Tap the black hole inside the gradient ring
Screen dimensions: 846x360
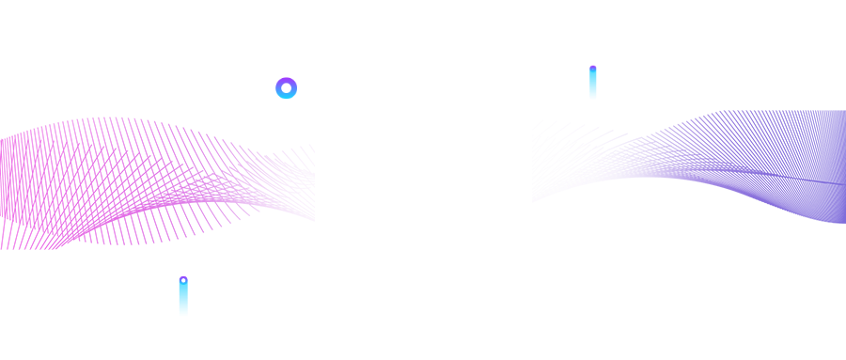(x=287, y=88)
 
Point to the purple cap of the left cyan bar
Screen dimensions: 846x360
(x=183, y=278)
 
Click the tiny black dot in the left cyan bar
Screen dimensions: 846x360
(x=183, y=280)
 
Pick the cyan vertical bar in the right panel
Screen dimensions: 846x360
(x=593, y=85)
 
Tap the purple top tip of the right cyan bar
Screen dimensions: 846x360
(x=593, y=68)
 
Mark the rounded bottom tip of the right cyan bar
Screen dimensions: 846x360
(x=593, y=97)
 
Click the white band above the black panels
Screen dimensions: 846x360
(x=423, y=32)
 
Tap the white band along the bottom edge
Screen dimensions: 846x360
(x=423, y=339)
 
